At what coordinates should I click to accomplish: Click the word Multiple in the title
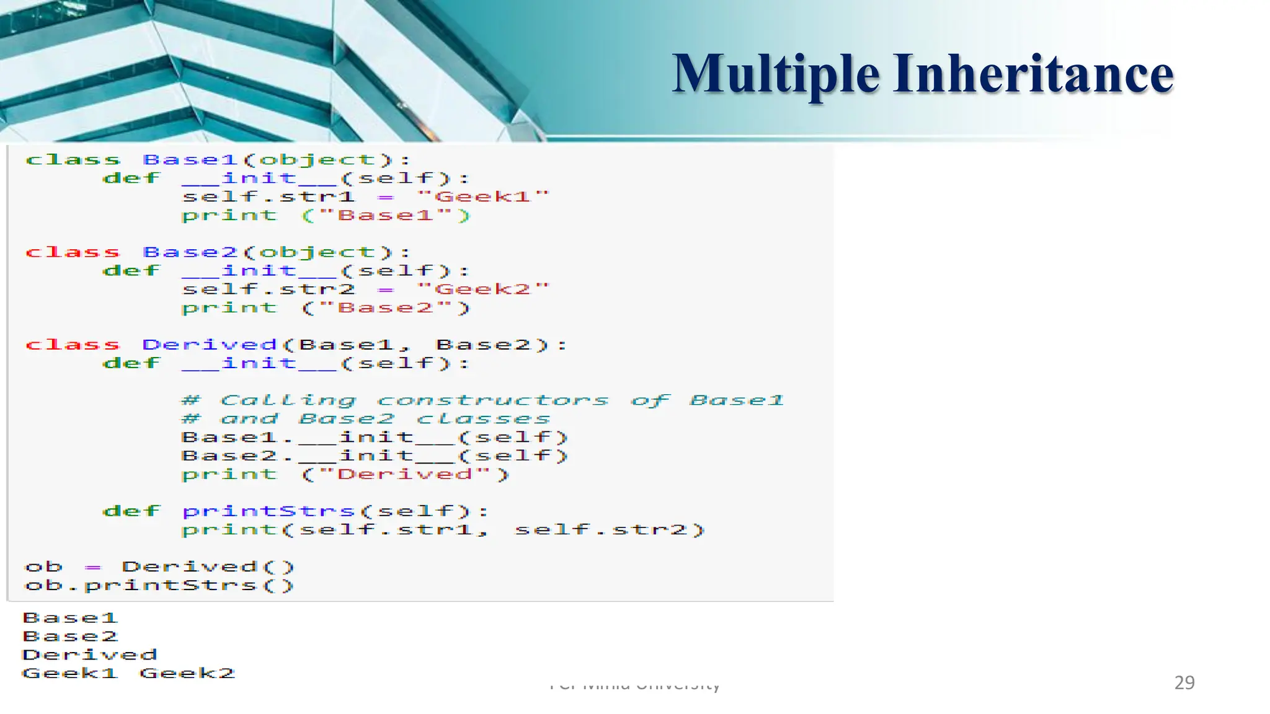coord(775,74)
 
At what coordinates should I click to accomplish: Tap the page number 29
coord(1184,682)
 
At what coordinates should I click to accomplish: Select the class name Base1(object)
coord(268,160)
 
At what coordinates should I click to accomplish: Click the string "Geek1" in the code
coord(483,197)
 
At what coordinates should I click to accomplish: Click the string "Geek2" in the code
coord(483,289)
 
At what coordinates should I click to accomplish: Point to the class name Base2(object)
coord(268,252)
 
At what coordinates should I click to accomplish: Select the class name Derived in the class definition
coord(210,345)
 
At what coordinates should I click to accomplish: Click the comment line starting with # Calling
coord(482,400)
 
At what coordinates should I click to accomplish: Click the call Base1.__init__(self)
coord(375,438)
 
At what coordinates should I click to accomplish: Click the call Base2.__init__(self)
coord(375,456)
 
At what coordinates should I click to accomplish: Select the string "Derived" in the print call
coord(404,475)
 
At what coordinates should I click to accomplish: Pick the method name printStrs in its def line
coord(269,511)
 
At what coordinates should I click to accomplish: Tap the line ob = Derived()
coord(159,567)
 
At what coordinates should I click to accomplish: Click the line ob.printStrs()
coord(159,586)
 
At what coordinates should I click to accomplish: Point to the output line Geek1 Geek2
coord(128,673)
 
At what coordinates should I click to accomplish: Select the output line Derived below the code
coord(90,654)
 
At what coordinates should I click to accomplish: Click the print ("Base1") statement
coord(326,216)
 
